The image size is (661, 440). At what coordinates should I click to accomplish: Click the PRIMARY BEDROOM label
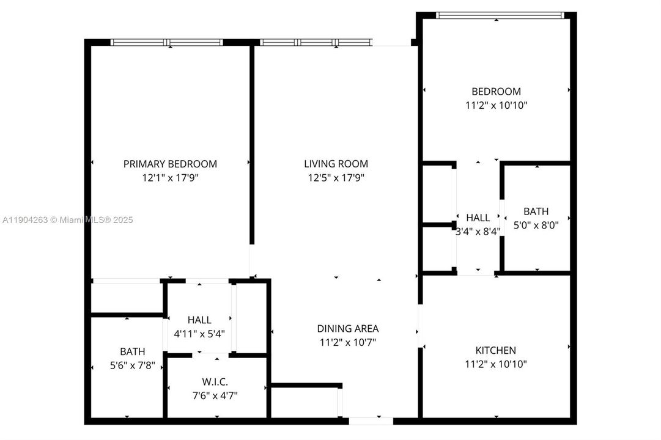click(170, 164)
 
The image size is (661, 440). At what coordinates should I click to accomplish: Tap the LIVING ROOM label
click(336, 164)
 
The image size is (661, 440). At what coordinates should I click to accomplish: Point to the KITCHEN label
click(495, 351)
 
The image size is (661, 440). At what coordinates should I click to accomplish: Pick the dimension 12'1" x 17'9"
click(170, 178)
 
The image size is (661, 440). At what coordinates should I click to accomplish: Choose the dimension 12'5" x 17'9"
click(336, 178)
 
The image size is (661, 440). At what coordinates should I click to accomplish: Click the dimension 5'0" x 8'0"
click(536, 225)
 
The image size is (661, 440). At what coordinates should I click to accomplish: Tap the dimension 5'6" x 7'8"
click(132, 365)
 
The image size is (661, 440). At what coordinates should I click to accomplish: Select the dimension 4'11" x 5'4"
click(199, 334)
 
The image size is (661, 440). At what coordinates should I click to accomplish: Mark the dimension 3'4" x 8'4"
click(478, 232)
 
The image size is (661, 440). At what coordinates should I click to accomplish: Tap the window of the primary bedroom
click(167, 43)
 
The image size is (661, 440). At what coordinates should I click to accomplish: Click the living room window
click(316, 43)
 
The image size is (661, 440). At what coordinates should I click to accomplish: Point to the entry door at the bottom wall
click(371, 420)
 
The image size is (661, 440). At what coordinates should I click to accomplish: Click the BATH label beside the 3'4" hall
click(536, 211)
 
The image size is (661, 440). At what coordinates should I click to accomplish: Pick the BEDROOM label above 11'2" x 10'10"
click(496, 92)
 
